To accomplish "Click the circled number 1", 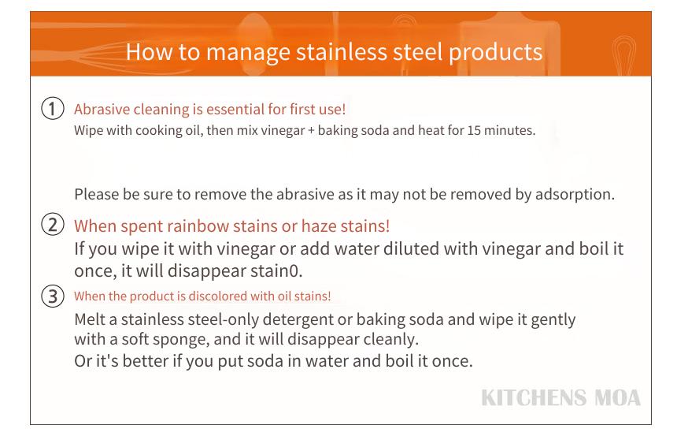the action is pyautogui.click(x=53, y=108).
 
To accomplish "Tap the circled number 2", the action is pyautogui.click(x=53, y=225).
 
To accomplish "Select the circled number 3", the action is pyautogui.click(x=53, y=296).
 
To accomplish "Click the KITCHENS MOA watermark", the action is pyautogui.click(x=560, y=398).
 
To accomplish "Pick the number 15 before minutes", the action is pyautogui.click(x=474, y=130).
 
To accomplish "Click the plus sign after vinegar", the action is pyautogui.click(x=311, y=131).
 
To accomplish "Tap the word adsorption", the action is pyautogui.click(x=575, y=195).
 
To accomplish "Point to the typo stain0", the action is pyautogui.click(x=278, y=270).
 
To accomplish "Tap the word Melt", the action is pyautogui.click(x=90, y=319).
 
